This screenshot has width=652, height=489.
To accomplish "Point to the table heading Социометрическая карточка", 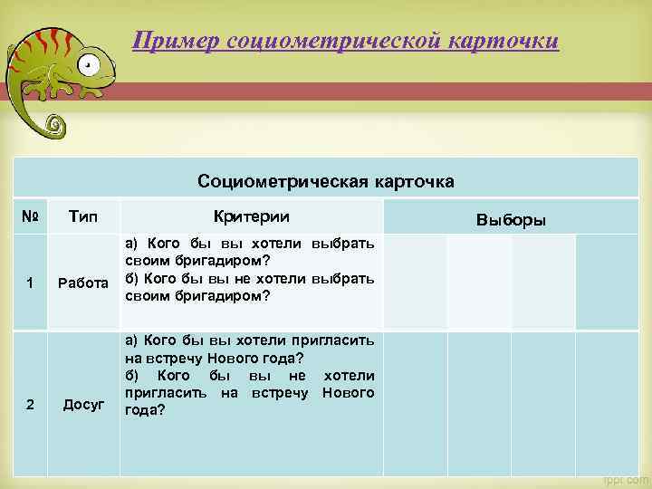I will (326, 181).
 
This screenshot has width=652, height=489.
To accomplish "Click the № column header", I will (30, 217).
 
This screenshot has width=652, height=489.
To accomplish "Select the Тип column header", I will (83, 217).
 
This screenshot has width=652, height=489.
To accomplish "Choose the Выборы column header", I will (511, 220).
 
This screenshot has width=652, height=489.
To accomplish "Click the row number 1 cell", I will (30, 283).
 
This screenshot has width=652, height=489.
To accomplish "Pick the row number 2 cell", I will (30, 404).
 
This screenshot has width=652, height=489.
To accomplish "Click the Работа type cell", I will (84, 283).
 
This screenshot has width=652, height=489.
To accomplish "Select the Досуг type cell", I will (83, 404).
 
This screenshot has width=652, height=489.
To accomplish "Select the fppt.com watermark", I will (625, 479).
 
